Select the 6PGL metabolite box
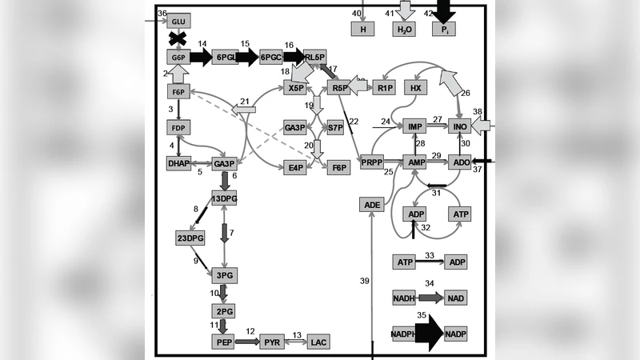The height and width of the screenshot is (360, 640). coord(226,58)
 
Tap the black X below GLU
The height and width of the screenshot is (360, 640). coord(179,39)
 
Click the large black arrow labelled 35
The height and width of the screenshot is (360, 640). coord(430,333)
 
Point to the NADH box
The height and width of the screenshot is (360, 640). coord(405,298)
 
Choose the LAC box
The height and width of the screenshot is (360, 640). coord(318,342)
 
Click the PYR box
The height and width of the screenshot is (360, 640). coord(273,342)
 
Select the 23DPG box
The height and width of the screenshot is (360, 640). coord(190,238)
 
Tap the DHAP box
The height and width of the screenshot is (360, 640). coord(178,163)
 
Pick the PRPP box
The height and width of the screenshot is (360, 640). coord(373,162)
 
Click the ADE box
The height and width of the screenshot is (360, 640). coord(373,205)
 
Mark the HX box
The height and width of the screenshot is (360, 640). coord(414,87)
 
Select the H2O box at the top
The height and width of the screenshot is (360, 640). coord(404,29)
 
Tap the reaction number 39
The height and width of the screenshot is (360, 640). coord(364,281)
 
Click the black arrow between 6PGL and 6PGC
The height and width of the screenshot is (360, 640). coord(248,58)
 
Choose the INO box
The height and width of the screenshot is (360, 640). coord(459,127)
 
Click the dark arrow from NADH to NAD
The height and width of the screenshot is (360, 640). coord(430,298)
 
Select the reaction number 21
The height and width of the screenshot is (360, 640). coord(246,101)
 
